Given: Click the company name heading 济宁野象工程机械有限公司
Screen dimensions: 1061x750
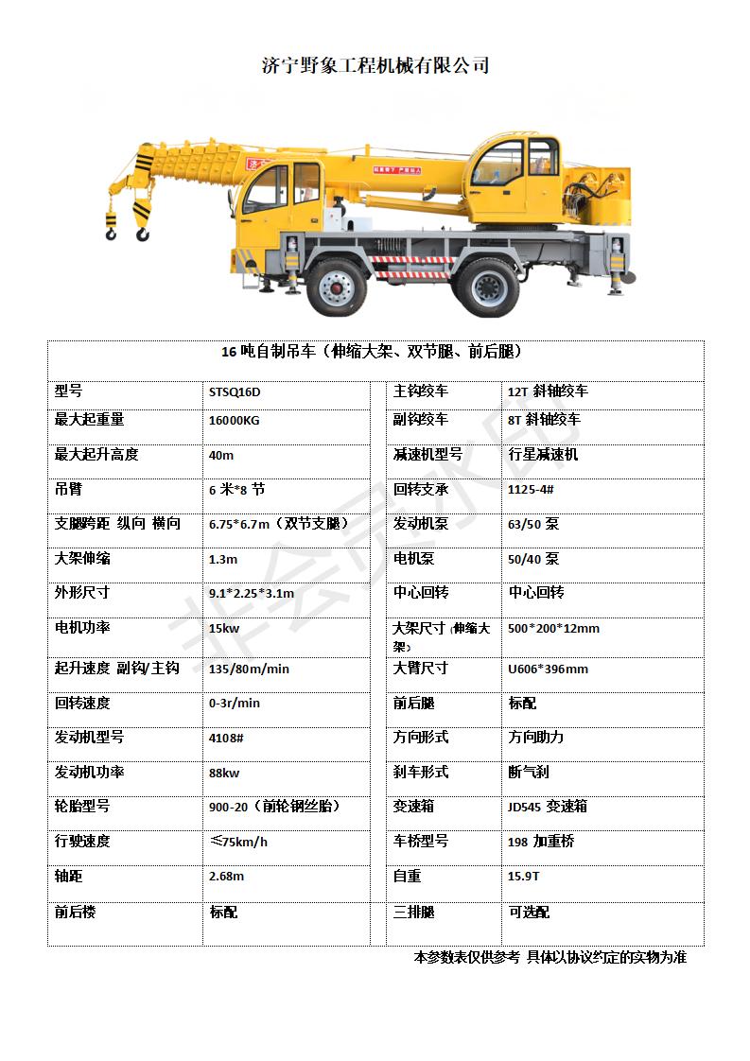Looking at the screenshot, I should tap(375, 66).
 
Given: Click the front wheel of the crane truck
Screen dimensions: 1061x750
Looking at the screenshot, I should tap(336, 285).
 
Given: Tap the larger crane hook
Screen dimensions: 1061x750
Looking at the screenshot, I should tap(143, 223).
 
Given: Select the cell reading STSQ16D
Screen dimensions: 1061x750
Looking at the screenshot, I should tap(235, 391).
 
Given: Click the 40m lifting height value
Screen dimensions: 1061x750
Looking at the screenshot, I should tap(221, 455).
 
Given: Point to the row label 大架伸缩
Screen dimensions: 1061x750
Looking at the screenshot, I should tap(82, 559).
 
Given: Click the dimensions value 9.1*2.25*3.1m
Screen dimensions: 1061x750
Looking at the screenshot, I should tap(252, 594).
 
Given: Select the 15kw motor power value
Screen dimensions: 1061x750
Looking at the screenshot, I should tap(224, 629).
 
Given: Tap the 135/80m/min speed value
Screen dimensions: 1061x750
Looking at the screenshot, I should tap(249, 669).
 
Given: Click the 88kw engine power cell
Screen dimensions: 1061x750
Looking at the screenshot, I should tap(224, 773).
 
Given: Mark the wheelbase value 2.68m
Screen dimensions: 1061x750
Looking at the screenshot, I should tap(226, 877).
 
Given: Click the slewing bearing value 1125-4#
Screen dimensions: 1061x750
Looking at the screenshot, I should tap(531, 490).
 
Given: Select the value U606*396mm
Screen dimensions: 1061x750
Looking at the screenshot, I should tap(548, 669).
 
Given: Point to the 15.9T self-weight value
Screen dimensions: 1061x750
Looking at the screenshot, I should tap(524, 877).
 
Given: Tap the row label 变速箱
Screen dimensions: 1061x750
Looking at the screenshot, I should tap(413, 807).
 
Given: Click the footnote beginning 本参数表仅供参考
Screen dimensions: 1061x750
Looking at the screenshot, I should tap(549, 957).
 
